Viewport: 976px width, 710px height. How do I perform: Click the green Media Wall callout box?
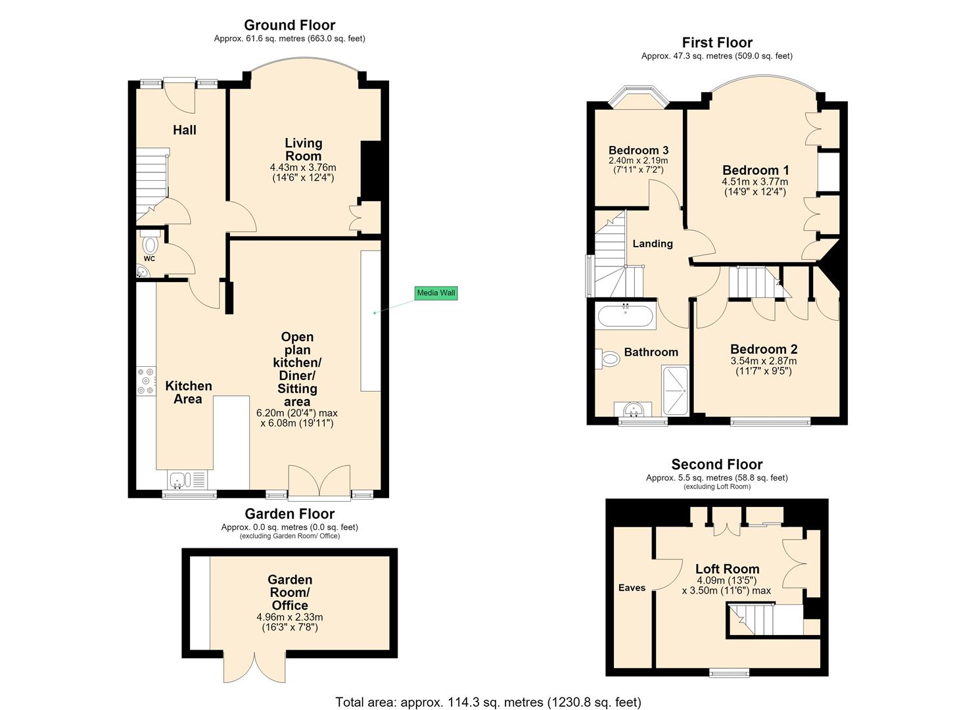point(436,293)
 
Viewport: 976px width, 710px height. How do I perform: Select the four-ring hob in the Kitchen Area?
point(146,381)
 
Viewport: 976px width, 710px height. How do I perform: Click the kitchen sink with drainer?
point(187,481)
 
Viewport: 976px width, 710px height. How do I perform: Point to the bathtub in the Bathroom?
point(626,315)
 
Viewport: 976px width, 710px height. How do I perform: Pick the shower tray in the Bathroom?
point(675,390)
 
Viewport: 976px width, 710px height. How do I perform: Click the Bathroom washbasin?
point(634,410)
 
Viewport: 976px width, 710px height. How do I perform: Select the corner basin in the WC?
point(142,272)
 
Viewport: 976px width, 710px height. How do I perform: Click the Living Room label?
point(303,149)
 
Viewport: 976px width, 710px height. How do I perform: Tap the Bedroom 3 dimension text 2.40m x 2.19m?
point(638,160)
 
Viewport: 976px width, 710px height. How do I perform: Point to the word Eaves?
point(632,588)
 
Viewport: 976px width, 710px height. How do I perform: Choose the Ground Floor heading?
point(289,25)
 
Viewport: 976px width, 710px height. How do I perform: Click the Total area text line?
point(488,701)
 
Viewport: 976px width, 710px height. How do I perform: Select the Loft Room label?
point(727,569)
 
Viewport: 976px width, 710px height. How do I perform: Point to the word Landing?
point(653,244)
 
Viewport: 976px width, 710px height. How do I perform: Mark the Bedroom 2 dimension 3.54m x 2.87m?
point(763,361)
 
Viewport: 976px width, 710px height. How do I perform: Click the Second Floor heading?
point(717,464)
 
